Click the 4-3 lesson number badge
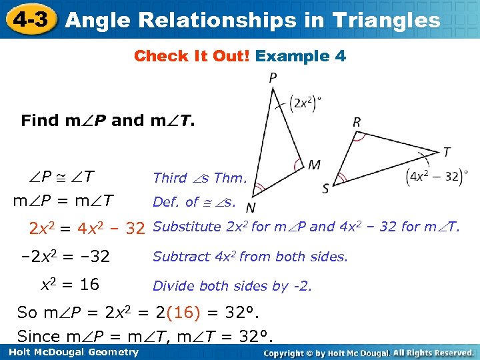27,19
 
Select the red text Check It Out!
192,56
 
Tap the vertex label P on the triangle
273,79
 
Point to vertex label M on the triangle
314,165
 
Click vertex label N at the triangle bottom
251,207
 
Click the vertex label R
357,122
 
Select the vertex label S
326,189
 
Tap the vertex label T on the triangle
446,153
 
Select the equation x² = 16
70,285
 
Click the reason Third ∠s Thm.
200,177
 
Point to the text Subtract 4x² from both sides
250,257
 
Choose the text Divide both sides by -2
232,286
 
